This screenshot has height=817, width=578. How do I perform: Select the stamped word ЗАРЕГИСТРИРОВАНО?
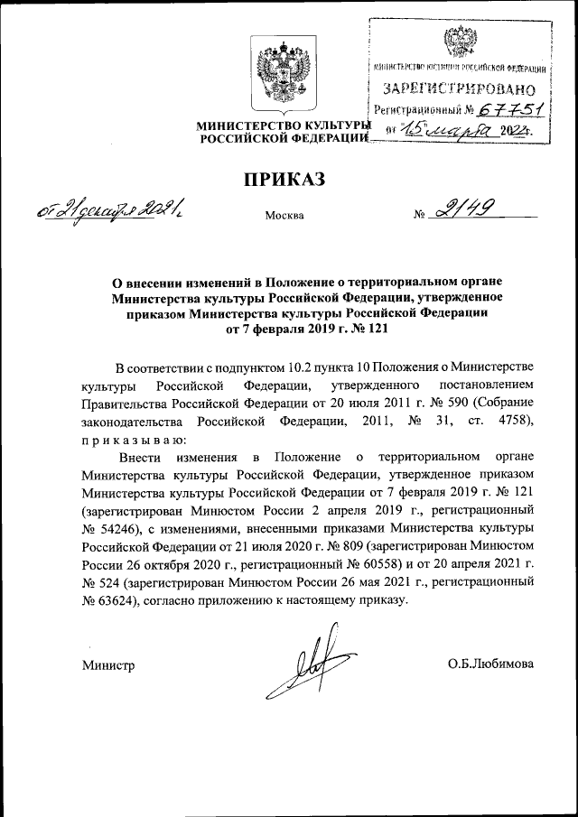point(460,89)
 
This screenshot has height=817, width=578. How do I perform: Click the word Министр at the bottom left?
point(107,665)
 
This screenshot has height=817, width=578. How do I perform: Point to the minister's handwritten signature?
point(299,665)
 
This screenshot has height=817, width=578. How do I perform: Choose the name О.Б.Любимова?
point(490,664)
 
